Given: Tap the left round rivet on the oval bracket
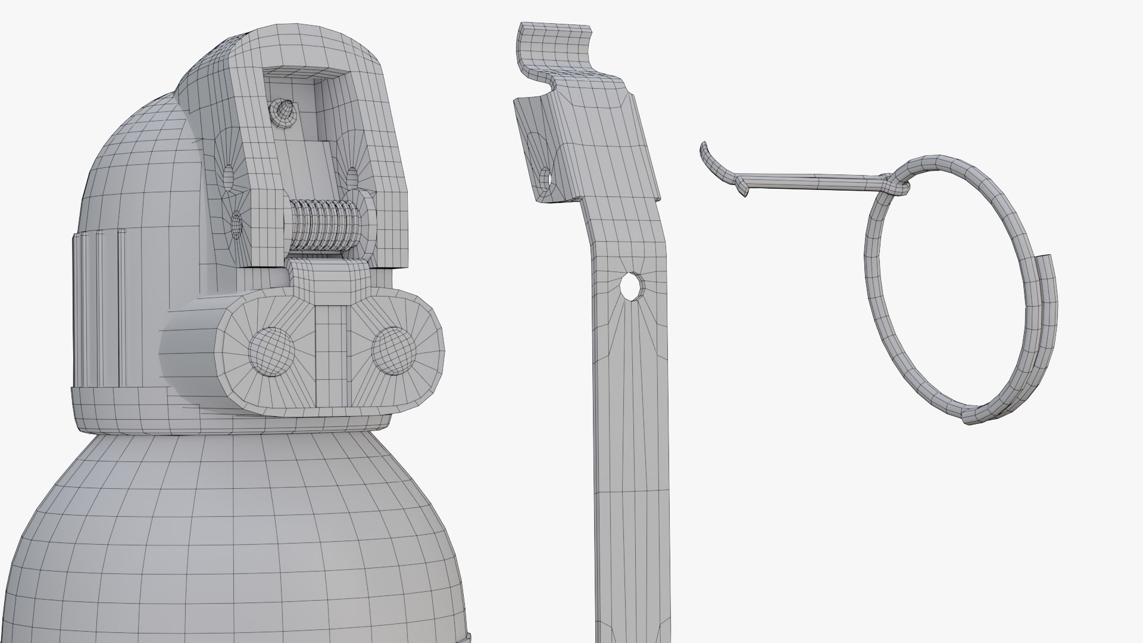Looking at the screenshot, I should click(271, 351).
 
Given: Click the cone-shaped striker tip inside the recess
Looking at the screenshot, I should click(285, 113).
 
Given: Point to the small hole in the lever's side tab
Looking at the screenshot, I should click(545, 177).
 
